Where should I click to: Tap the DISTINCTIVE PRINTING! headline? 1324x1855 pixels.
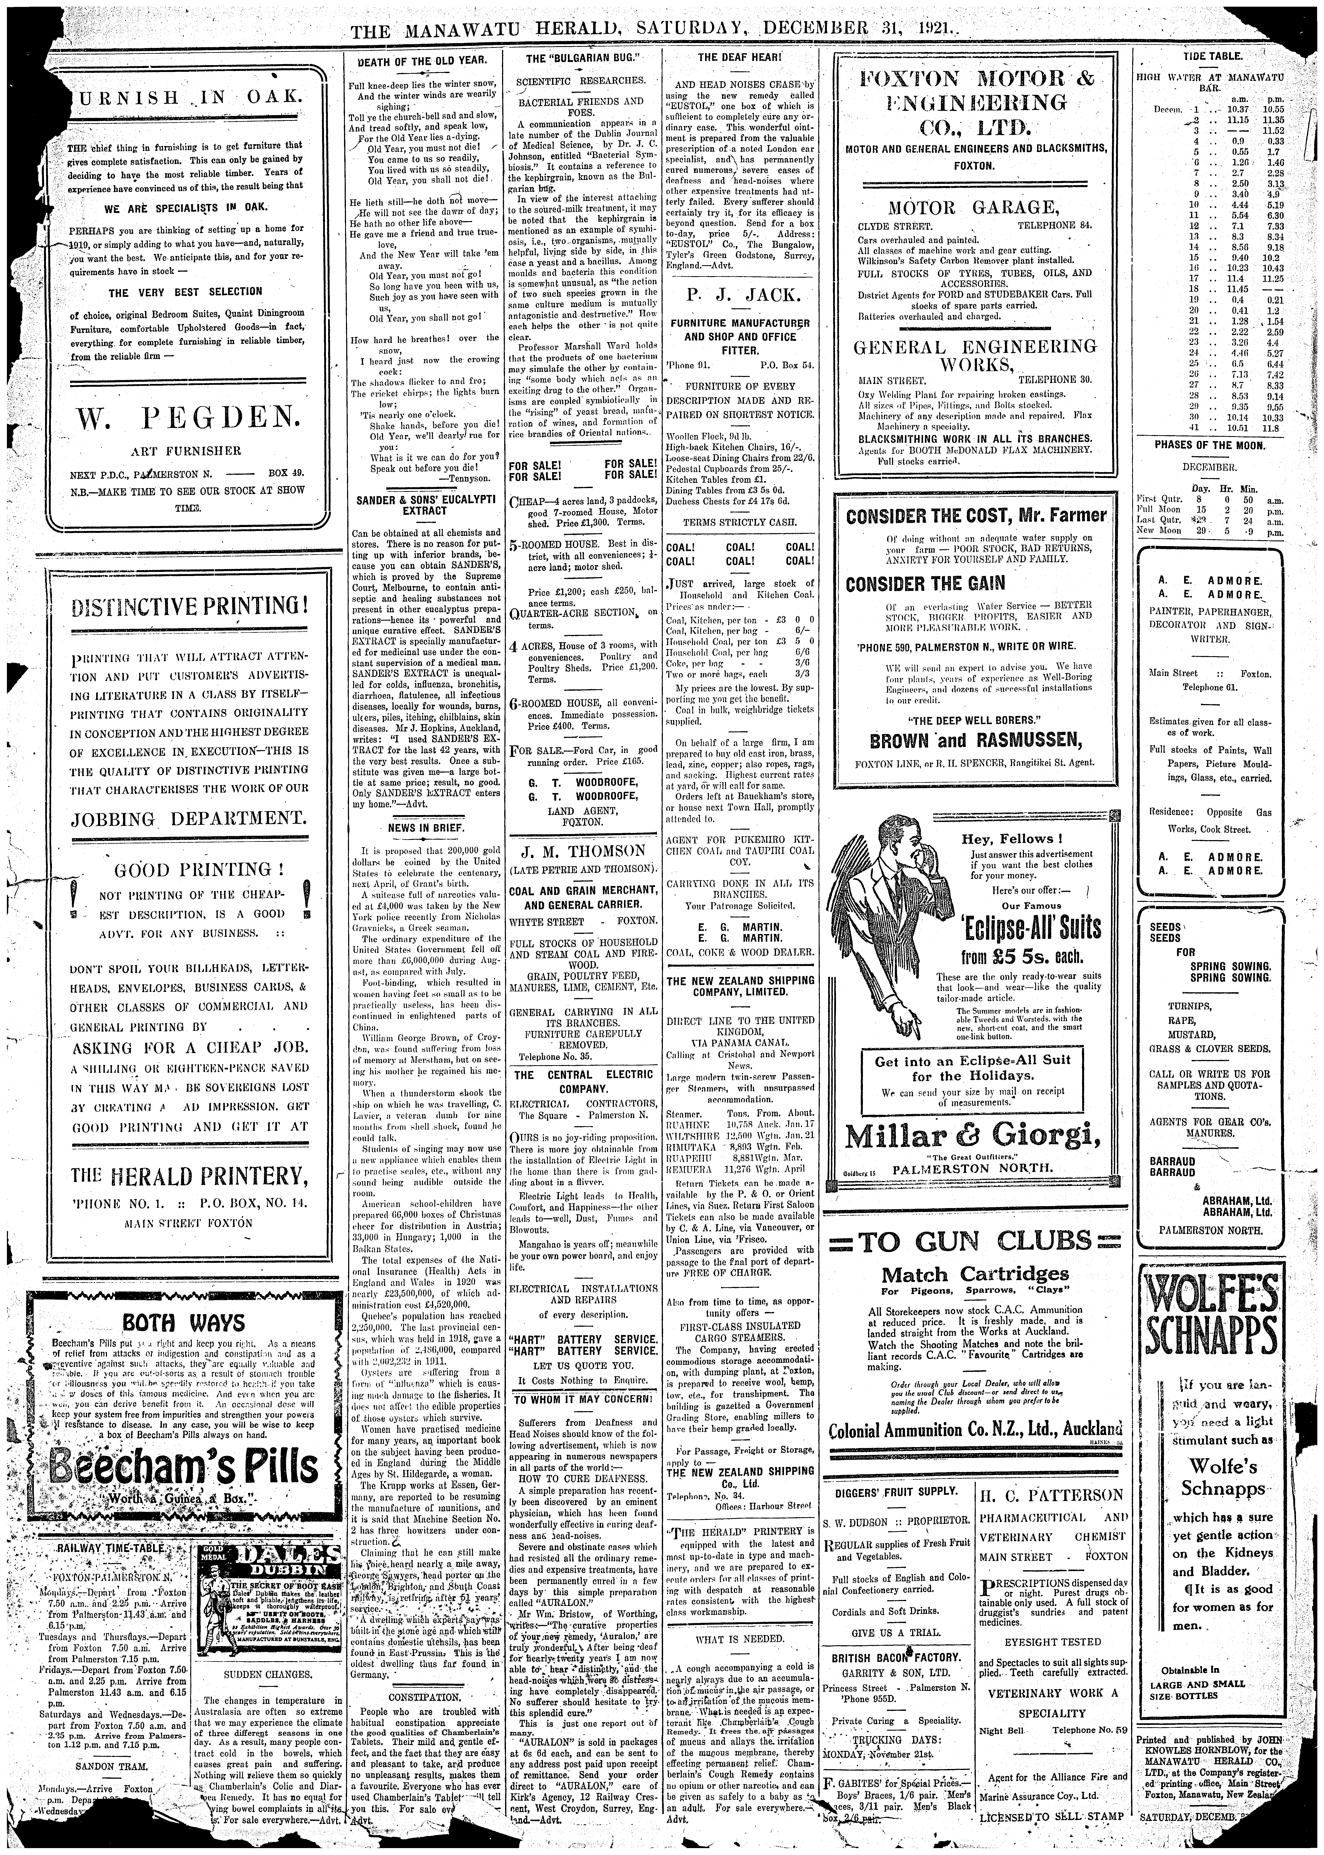tap(189, 607)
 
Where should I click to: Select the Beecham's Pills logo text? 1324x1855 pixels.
tap(183, 1468)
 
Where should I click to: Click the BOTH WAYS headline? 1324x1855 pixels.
tap(183, 1323)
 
